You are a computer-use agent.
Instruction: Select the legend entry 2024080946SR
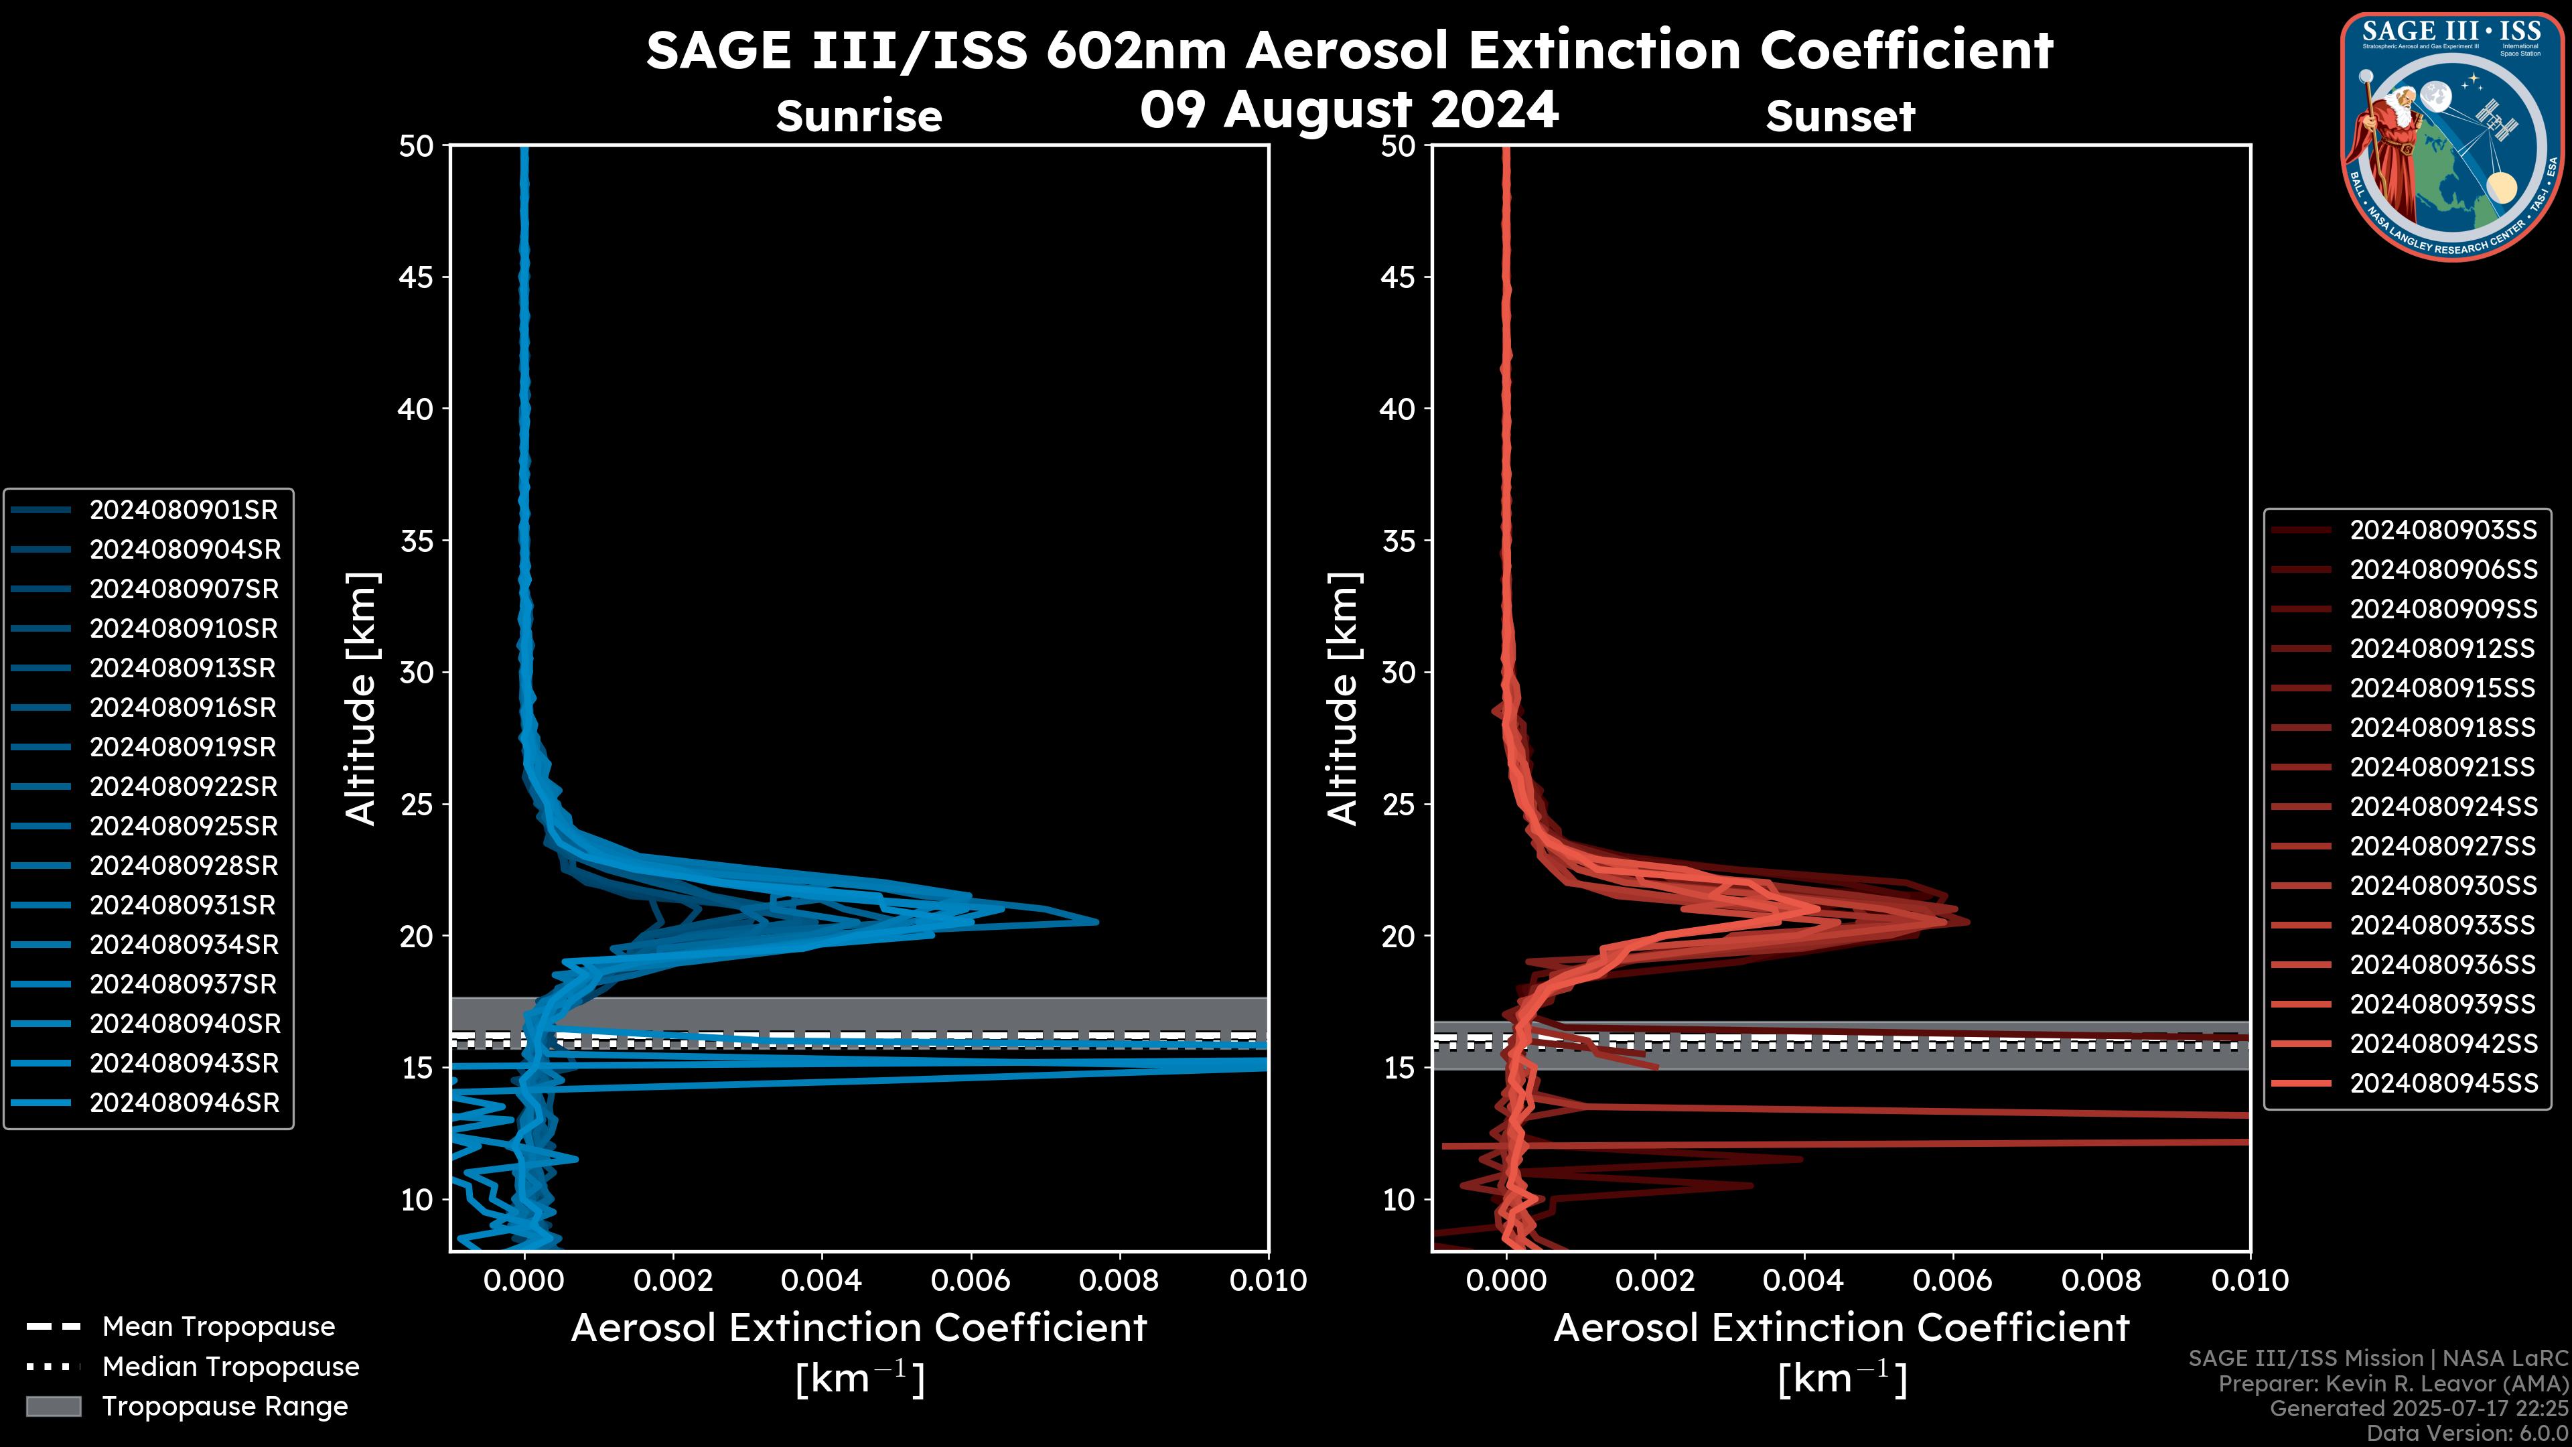184,1103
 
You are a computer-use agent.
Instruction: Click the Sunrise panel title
859,117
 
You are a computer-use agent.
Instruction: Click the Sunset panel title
1840,117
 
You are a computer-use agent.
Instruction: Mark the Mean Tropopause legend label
218,1327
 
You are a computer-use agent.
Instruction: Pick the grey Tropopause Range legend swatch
54,1407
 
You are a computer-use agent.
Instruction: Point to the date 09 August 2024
1349,110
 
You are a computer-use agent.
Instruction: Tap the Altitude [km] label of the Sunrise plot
362,698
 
